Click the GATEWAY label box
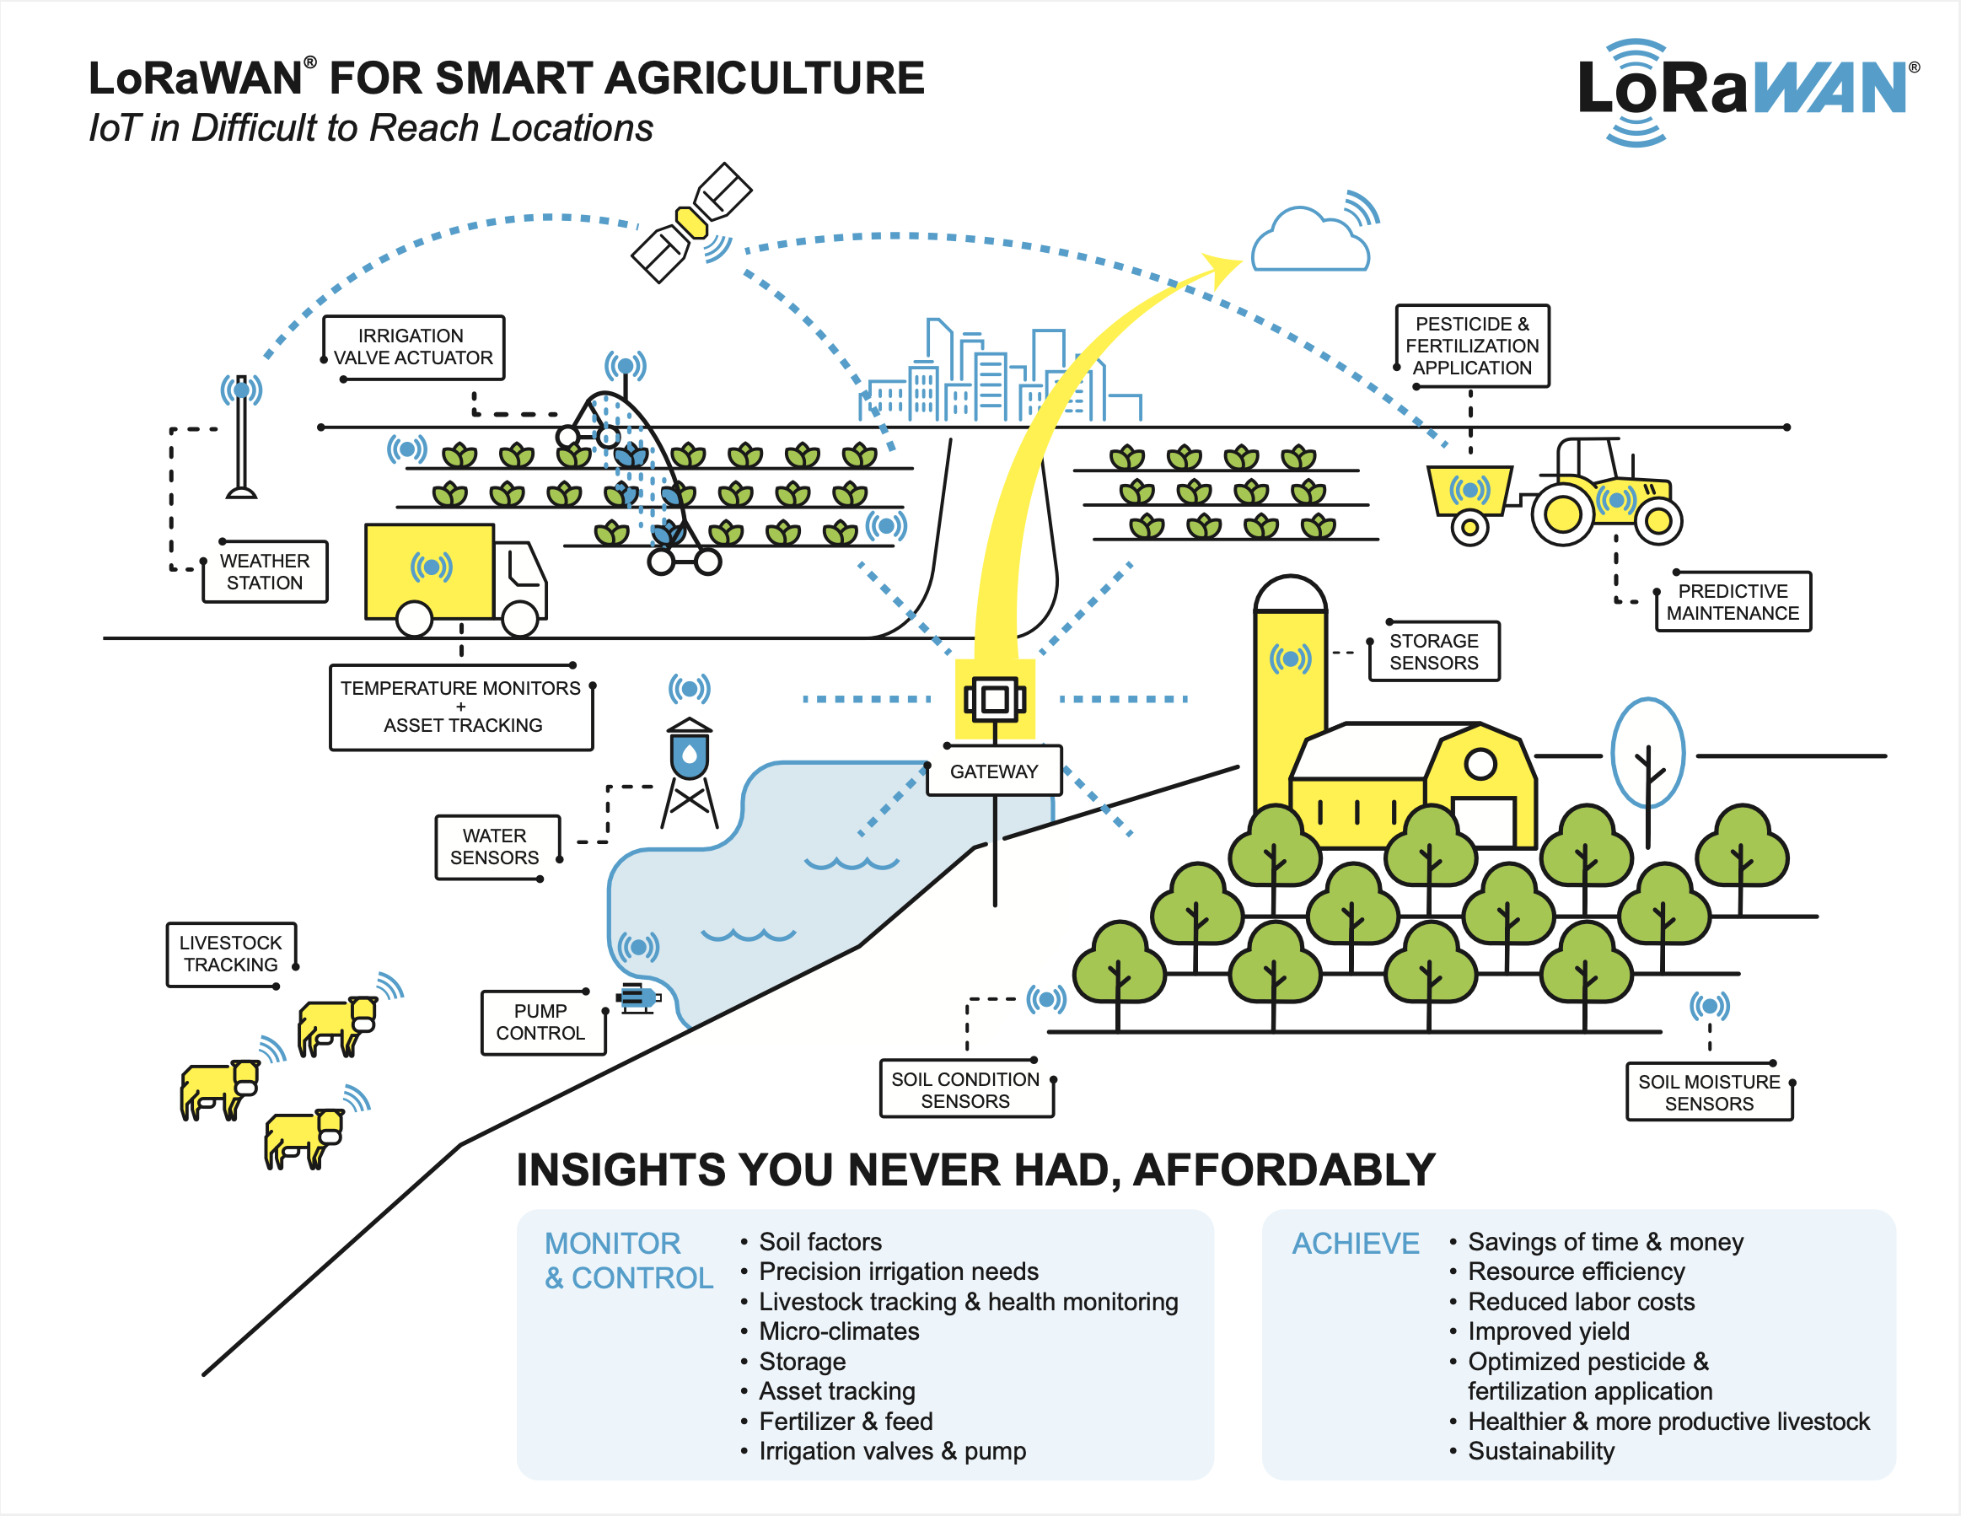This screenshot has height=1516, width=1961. pyautogui.click(x=994, y=771)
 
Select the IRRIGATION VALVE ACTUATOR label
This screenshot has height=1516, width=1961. pyautogui.click(x=413, y=347)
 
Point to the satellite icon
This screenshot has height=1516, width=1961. pyautogui.click(x=691, y=223)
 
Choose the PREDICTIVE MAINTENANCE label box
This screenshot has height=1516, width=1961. pyautogui.click(x=1732, y=603)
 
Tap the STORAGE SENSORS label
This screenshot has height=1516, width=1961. pyautogui.click(x=1433, y=652)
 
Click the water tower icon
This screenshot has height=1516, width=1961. pyautogui.click(x=690, y=772)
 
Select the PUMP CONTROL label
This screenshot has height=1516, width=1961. pyautogui.click(x=541, y=1022)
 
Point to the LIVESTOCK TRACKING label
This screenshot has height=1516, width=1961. pyautogui.click(x=231, y=954)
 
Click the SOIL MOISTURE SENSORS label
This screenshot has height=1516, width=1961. pyautogui.click(x=1709, y=1093)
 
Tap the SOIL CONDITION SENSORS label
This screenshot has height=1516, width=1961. pyautogui.click(x=965, y=1090)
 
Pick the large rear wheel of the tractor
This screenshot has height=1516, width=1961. pyautogui.click(x=1562, y=513)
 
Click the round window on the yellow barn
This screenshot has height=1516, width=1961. pyautogui.click(x=1480, y=764)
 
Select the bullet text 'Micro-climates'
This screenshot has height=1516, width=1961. pyautogui.click(x=839, y=1331)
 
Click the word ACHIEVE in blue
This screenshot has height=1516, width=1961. pyautogui.click(x=1356, y=1244)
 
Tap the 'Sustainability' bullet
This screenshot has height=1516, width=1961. pyautogui.click(x=1541, y=1451)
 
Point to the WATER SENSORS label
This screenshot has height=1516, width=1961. pyautogui.click(x=495, y=847)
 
